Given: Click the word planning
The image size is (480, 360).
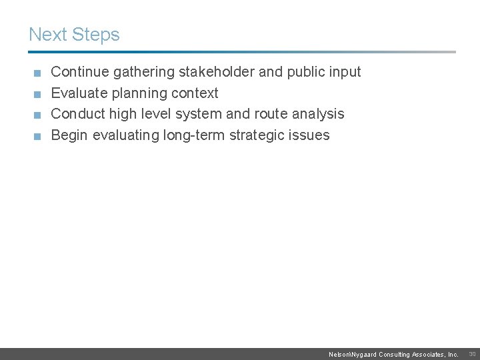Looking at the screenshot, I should [138, 93].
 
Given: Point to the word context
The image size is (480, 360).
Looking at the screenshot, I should [195, 93].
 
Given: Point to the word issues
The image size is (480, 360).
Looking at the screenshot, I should [310, 135].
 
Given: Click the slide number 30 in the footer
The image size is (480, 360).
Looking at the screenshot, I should [472, 353].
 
